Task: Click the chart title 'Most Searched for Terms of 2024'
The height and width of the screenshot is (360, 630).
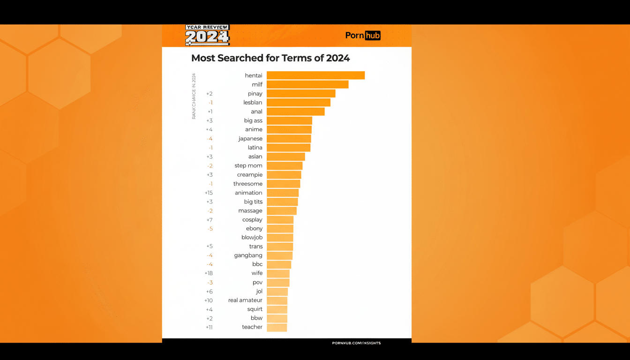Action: (x=270, y=58)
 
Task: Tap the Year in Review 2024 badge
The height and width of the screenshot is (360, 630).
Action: (x=207, y=35)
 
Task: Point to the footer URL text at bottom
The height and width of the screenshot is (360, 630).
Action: (x=356, y=343)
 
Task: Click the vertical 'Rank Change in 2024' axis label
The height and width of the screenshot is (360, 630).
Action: (x=194, y=96)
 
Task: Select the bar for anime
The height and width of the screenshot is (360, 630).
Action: (x=289, y=130)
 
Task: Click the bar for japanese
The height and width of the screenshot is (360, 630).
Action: (x=289, y=139)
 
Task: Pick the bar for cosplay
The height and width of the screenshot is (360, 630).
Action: (x=280, y=220)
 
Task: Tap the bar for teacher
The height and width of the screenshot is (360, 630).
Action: (x=277, y=327)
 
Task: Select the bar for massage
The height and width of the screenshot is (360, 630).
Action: (x=281, y=211)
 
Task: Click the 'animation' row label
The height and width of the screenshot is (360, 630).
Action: (x=248, y=193)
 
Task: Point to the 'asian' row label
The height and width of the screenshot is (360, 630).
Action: (x=255, y=157)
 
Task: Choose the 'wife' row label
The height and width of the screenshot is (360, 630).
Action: (x=257, y=273)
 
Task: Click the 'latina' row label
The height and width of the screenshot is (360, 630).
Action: (x=255, y=148)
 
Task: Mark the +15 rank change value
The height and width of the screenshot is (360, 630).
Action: (x=209, y=193)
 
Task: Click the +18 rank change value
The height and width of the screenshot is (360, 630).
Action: (x=209, y=273)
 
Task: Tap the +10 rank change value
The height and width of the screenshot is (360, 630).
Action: (x=209, y=300)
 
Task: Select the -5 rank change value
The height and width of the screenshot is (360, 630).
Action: (x=210, y=229)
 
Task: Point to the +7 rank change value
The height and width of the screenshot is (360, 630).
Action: (x=209, y=220)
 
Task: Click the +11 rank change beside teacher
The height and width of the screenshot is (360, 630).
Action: (x=209, y=327)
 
